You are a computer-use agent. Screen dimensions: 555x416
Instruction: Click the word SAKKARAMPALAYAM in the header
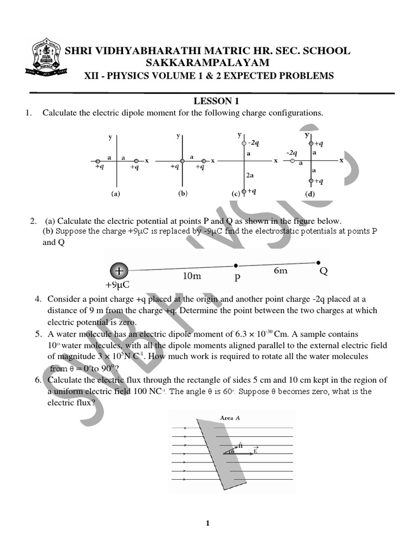(x=208, y=63)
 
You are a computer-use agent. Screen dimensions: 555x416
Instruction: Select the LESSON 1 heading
(x=217, y=101)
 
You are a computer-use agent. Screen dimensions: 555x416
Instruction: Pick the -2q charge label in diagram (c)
(x=253, y=143)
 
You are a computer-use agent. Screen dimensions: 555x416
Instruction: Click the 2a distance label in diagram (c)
(x=250, y=176)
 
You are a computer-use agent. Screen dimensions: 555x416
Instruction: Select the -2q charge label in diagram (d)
(x=292, y=153)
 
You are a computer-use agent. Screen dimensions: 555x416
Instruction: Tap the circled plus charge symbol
(x=119, y=270)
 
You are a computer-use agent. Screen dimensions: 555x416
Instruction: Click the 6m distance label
(x=281, y=270)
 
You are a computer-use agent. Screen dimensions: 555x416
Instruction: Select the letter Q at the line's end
(x=324, y=271)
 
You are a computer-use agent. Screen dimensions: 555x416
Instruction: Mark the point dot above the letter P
(x=236, y=266)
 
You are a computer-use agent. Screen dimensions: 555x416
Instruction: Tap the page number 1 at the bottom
(x=207, y=523)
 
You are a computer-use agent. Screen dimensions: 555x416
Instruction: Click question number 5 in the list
(x=39, y=334)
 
